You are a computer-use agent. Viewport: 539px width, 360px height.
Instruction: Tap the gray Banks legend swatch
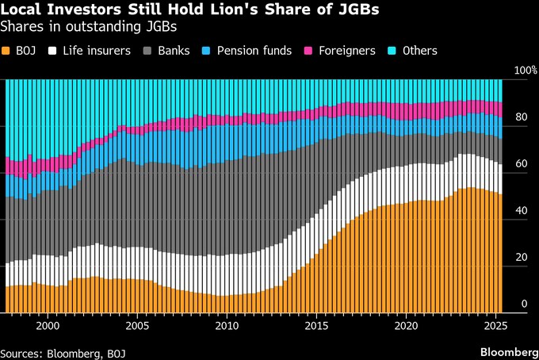pyautogui.click(x=148, y=51)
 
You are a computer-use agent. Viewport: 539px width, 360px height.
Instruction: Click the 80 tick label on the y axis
pyautogui.click(x=520, y=118)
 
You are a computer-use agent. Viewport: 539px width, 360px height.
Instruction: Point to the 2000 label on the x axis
pyautogui.click(x=48, y=325)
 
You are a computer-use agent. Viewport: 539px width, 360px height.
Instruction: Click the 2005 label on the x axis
pyautogui.click(x=137, y=325)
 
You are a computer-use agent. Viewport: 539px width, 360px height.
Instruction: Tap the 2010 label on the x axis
pyautogui.click(x=227, y=325)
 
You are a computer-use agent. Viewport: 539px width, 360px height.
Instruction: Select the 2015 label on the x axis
pyautogui.click(x=316, y=325)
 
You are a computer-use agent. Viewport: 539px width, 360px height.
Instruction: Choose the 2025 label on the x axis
pyautogui.click(x=495, y=325)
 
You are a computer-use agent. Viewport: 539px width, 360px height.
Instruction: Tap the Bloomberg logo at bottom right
pyautogui.click(x=507, y=351)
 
